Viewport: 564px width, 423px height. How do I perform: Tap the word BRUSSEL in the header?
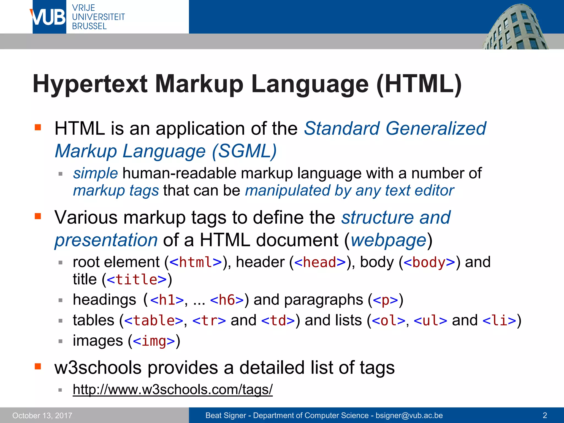pyautogui.click(x=89, y=26)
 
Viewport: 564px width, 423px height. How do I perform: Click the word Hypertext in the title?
pyautogui.click(x=90, y=84)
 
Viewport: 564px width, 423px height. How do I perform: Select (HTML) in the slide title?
pyautogui.click(x=419, y=84)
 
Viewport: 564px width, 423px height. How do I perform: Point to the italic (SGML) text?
pyautogui.click(x=244, y=151)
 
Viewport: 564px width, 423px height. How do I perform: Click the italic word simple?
pyautogui.click(x=95, y=173)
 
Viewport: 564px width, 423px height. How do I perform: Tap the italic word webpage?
pyautogui.click(x=388, y=240)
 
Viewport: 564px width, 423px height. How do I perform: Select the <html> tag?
pyautogui.click(x=196, y=262)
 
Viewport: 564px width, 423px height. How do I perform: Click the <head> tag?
pyautogui.click(x=320, y=262)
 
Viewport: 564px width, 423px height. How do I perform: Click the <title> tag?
pyautogui.click(x=137, y=280)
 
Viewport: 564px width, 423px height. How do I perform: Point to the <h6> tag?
pyautogui.click(x=227, y=300)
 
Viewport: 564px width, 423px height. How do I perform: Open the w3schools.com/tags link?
pyautogui.click(x=173, y=390)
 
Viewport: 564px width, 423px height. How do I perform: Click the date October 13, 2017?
pyautogui.click(x=42, y=416)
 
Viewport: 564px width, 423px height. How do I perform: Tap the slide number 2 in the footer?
pyautogui.click(x=544, y=415)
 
